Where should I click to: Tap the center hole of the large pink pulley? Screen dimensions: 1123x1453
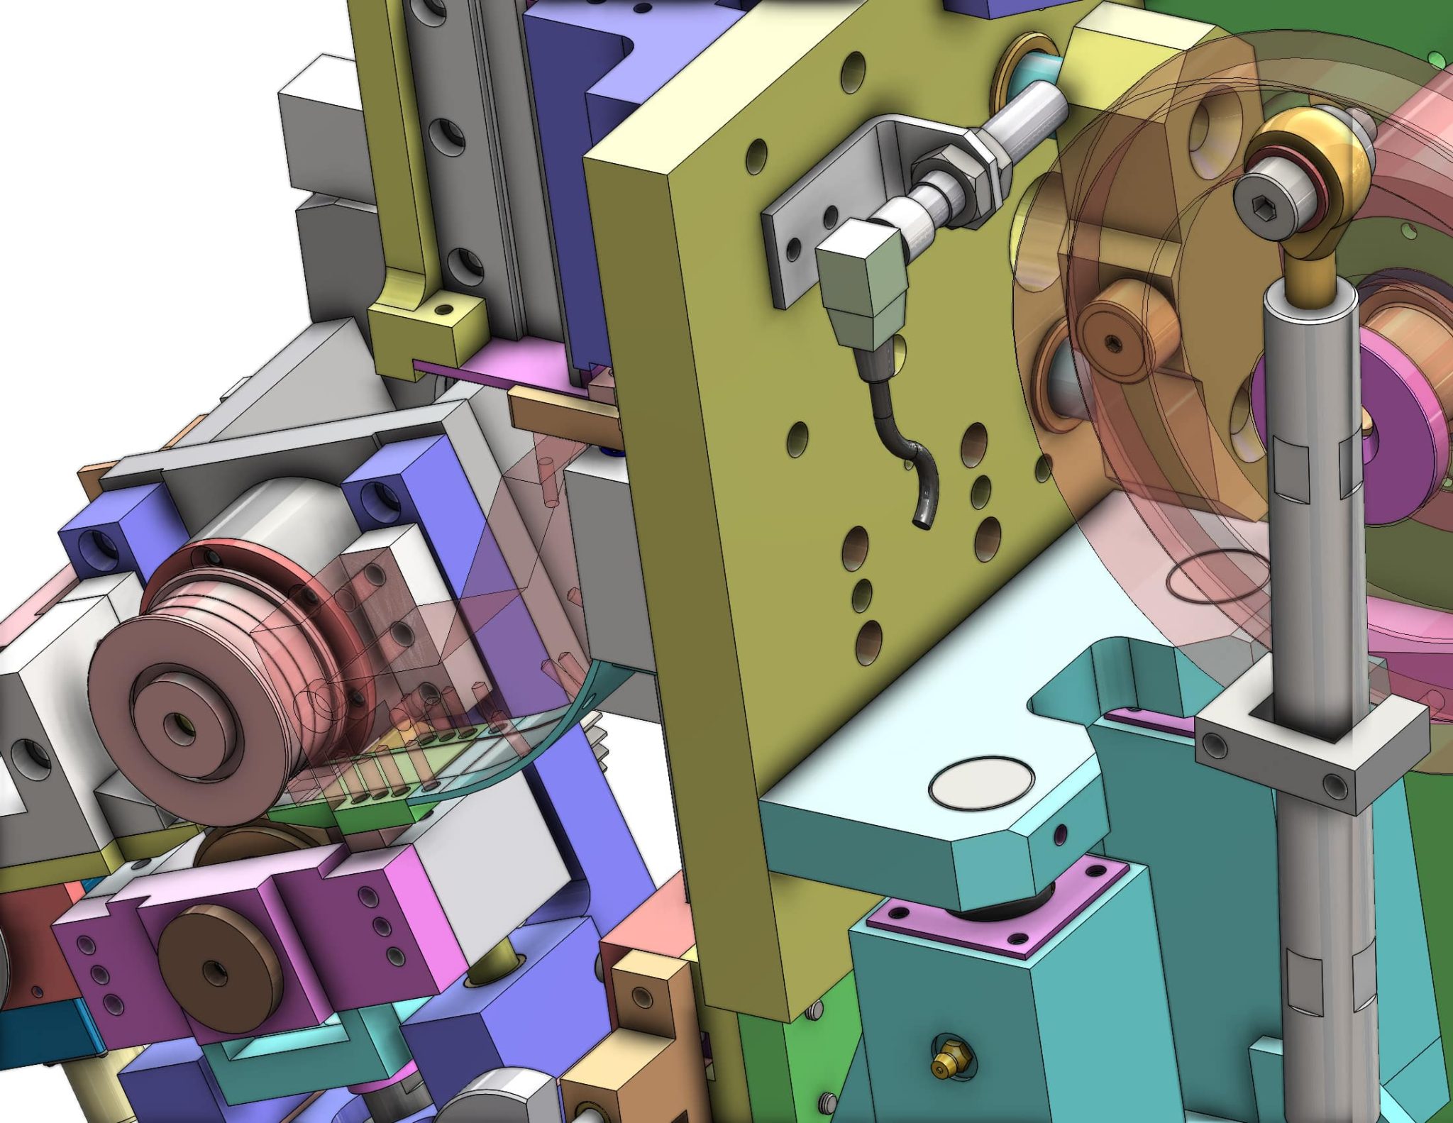click(176, 724)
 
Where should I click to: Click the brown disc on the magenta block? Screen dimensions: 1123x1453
click(216, 968)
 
